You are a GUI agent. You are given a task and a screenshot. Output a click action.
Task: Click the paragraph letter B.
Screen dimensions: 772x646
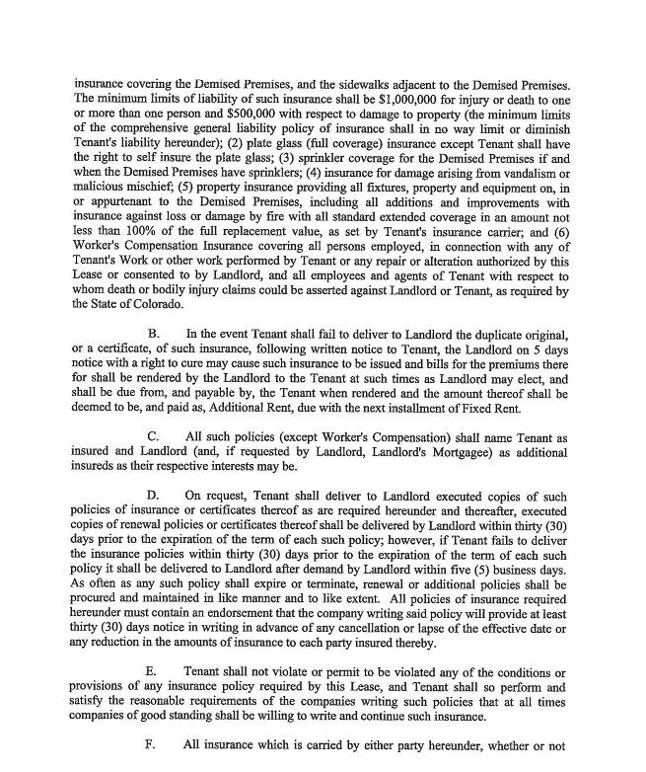153,335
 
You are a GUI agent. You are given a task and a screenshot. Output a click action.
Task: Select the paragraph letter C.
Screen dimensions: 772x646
153,436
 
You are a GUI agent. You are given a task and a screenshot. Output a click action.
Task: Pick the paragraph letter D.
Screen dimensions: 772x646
153,495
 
